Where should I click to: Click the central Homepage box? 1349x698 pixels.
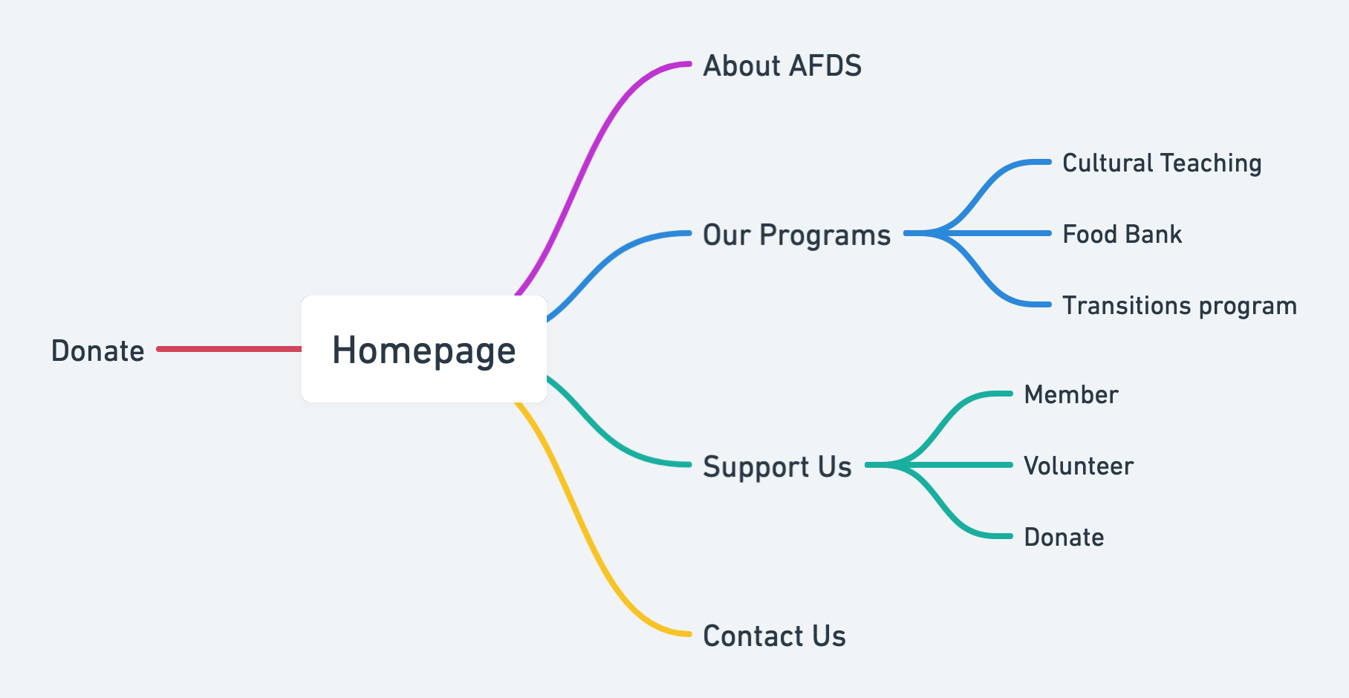click(424, 349)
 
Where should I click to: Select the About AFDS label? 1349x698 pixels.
click(782, 65)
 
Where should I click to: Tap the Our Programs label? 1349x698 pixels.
click(796, 235)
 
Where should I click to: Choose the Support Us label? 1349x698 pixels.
click(777, 467)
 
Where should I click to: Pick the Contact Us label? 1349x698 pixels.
click(774, 636)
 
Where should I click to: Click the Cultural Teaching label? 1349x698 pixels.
click(1162, 163)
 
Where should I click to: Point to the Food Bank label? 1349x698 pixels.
click(1122, 235)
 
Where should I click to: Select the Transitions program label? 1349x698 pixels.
click(1180, 306)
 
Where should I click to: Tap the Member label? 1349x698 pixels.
click(1070, 395)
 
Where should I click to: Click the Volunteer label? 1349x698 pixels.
click(1079, 466)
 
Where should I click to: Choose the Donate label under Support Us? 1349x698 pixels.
click(1064, 538)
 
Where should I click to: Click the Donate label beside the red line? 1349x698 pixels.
click(97, 350)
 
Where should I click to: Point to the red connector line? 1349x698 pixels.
click(230, 349)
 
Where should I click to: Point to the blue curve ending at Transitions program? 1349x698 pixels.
click(978, 270)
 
